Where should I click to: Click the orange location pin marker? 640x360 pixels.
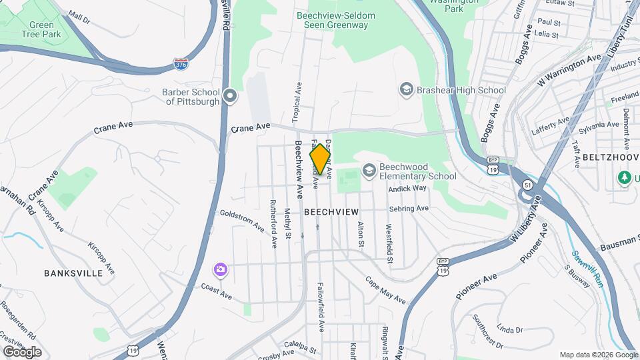(x=320, y=159)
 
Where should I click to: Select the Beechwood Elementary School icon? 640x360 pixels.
(x=369, y=171)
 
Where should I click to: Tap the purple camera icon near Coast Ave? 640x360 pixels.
(x=220, y=269)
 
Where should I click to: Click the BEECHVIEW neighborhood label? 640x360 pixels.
(x=331, y=211)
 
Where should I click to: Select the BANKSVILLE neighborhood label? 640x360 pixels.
(x=73, y=273)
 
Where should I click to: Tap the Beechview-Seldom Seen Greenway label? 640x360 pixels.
(x=336, y=20)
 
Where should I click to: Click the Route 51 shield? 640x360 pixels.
(x=528, y=185)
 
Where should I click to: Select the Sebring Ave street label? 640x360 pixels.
(x=408, y=209)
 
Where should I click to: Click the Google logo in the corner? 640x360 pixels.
(x=22, y=351)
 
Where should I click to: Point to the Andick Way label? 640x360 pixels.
(x=407, y=189)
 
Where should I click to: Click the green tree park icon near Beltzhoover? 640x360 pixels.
(x=625, y=178)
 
